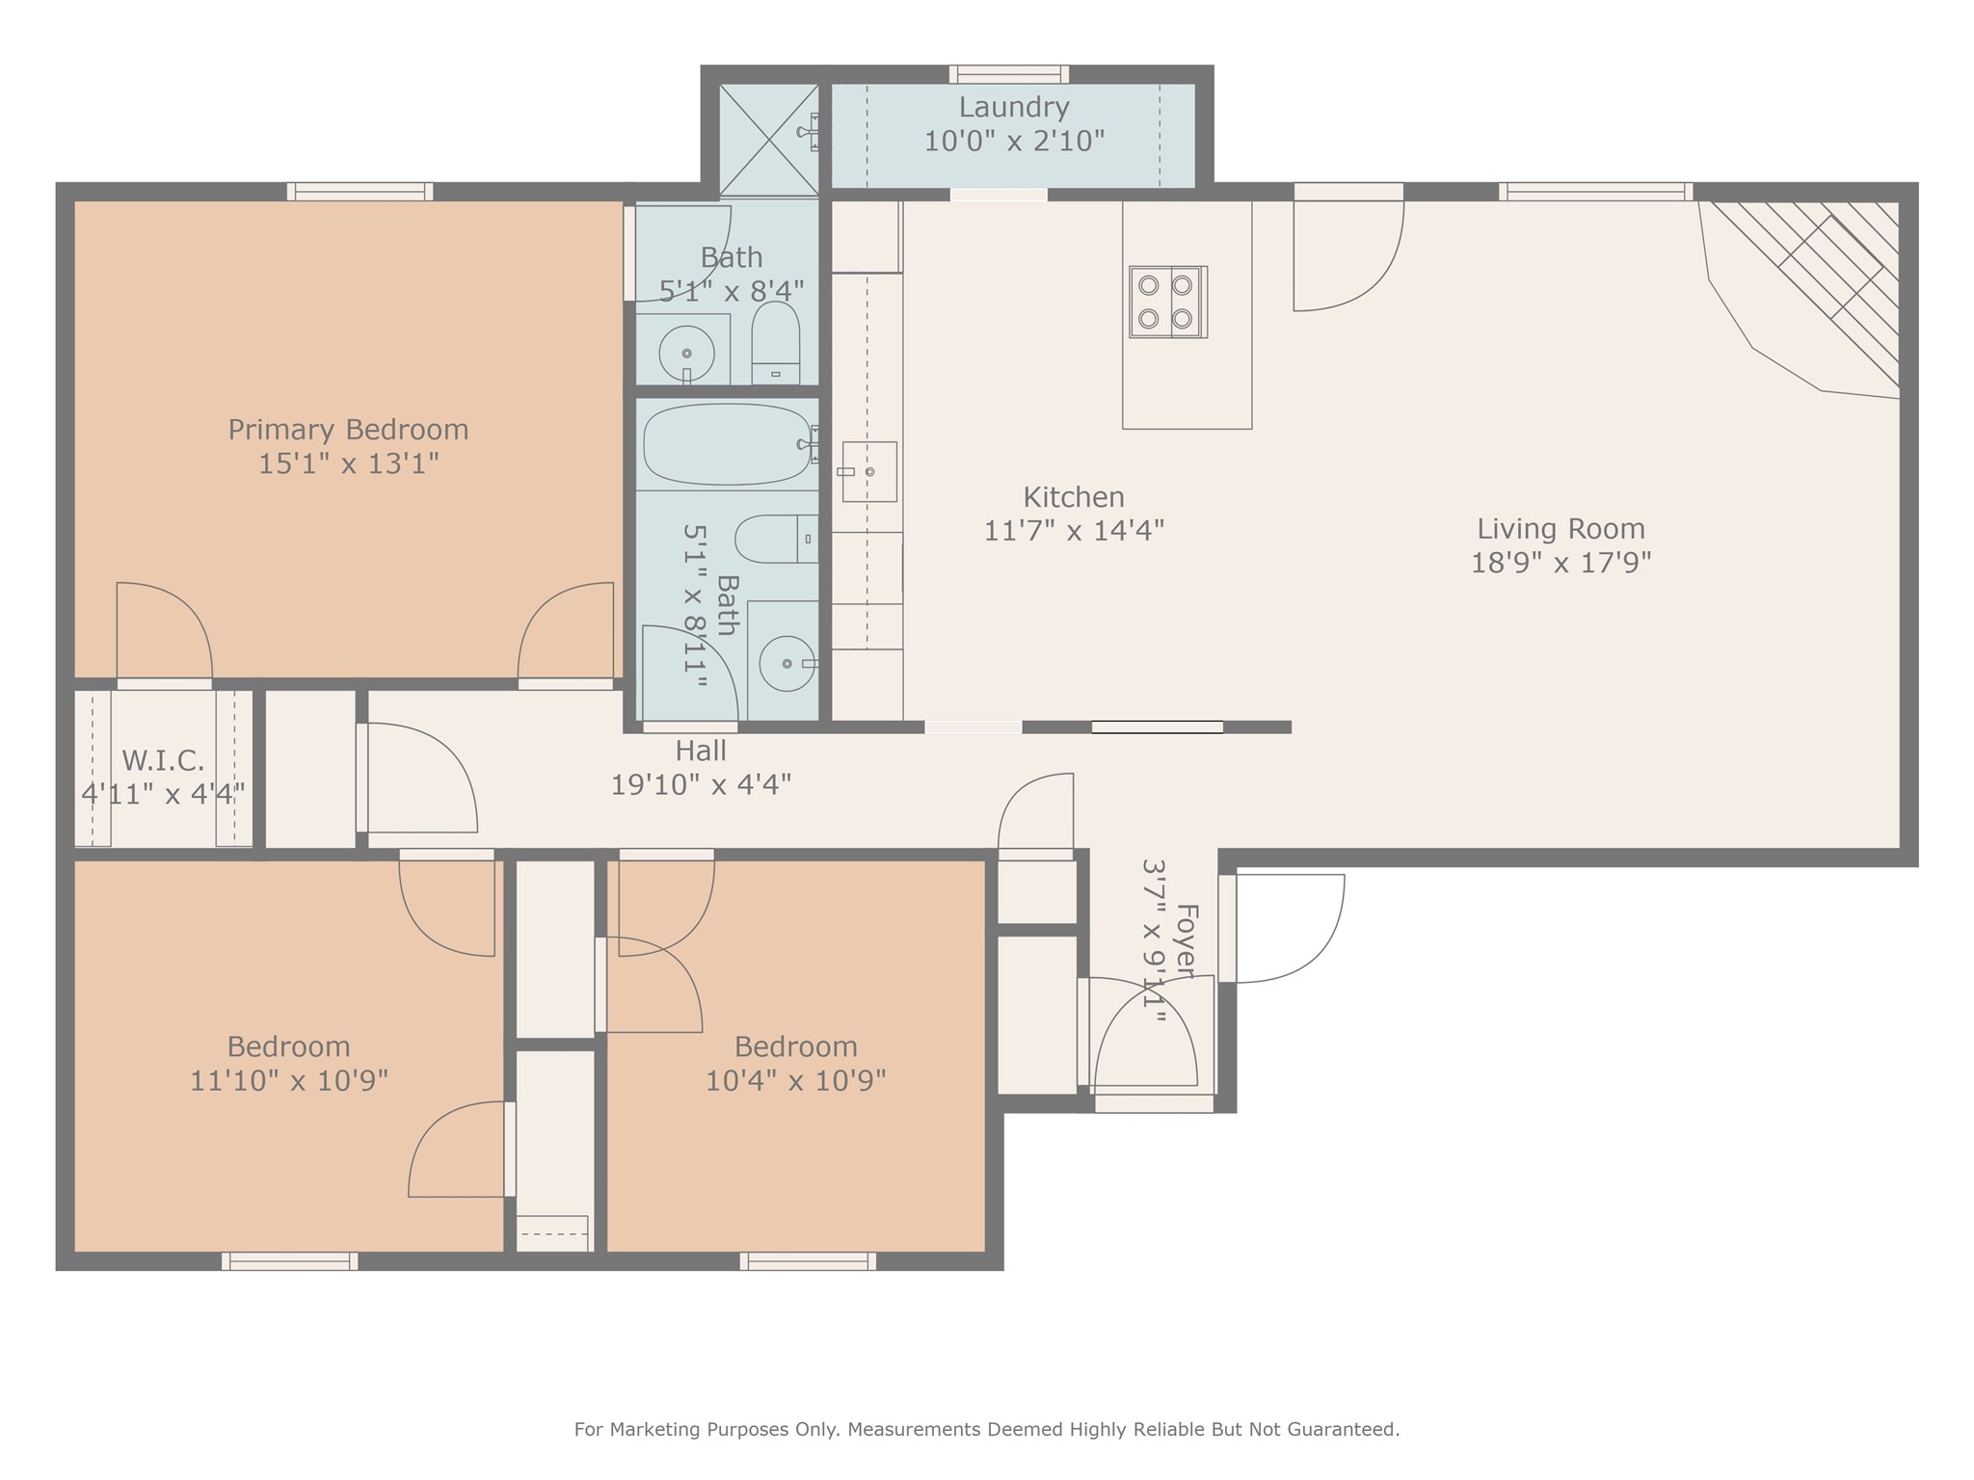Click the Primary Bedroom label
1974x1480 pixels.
348,430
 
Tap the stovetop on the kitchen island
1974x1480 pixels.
1168,302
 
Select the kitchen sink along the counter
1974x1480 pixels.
869,471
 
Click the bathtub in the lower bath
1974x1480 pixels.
727,444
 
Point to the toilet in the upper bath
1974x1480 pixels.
776,343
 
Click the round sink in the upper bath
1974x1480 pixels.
686,353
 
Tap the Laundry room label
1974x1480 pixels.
1014,107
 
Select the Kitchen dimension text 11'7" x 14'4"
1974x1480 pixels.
1074,531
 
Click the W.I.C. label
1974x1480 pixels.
163,761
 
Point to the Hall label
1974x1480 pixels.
701,751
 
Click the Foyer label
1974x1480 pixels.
1187,941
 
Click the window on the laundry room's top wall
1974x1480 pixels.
1009,74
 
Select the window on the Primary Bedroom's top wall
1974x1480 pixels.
360,192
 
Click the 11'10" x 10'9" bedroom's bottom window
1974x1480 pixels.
289,1261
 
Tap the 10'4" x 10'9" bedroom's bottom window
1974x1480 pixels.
808,1261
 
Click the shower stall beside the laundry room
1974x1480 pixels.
769,141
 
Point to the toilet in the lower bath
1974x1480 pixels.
776,540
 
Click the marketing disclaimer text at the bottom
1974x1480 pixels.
987,1430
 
